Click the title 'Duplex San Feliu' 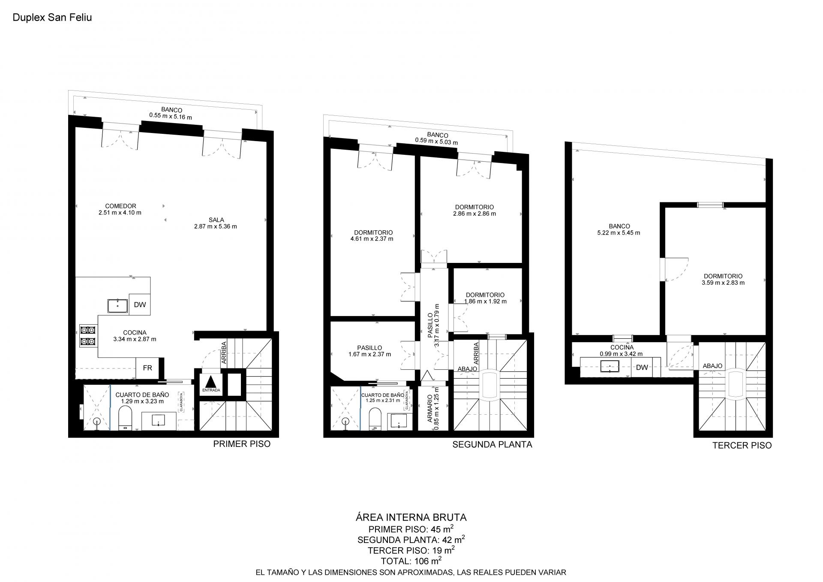pos(52,18)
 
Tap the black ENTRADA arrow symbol pos(211,382)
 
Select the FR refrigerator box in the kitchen pos(147,368)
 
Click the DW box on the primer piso pos(140,305)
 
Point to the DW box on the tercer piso pos(642,367)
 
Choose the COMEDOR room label pos(120,206)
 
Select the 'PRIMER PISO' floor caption pos(242,444)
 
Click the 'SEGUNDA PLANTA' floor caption pos(492,444)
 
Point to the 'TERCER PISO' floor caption pos(742,445)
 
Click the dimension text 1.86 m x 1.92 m pos(485,302)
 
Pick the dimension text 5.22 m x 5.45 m pos(619,233)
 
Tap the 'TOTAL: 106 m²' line pos(411,561)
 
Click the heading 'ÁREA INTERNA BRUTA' pos(411,517)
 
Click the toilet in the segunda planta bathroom pos(375,419)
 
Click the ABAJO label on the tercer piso pos(712,366)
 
